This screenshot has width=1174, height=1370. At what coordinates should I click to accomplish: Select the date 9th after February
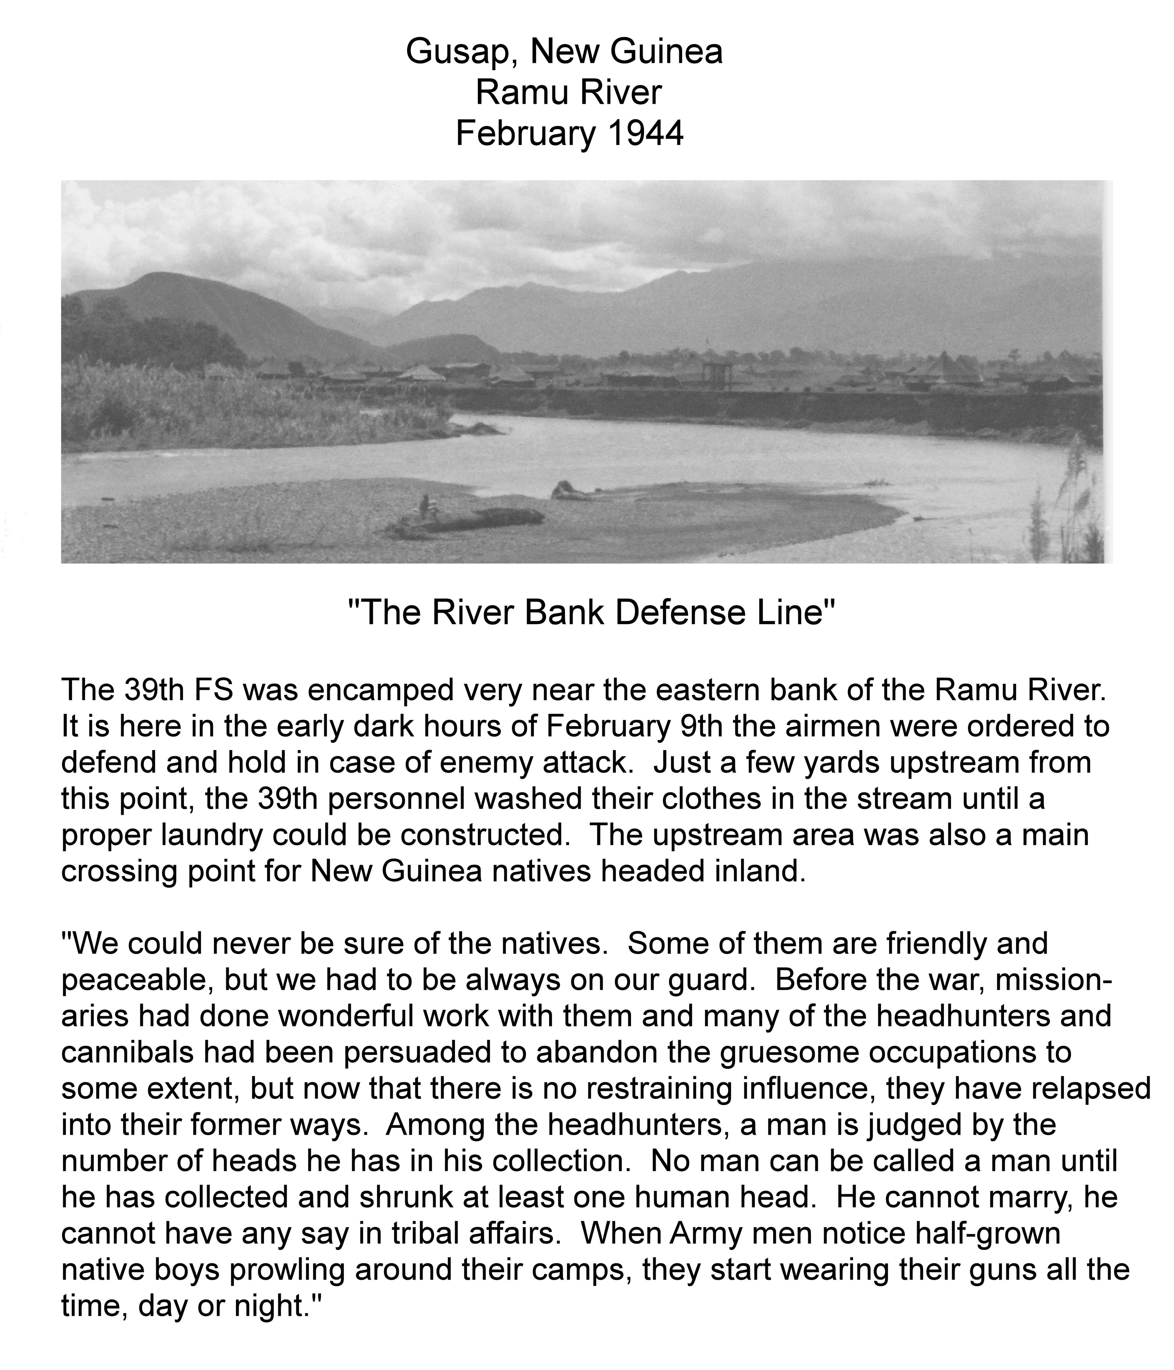tap(702, 727)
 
